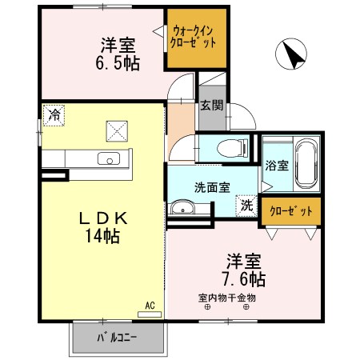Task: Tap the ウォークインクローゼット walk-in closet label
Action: pos(196,36)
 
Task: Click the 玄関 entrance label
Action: pos(211,106)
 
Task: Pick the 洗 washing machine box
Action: pos(246,204)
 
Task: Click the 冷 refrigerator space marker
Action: pos(54,114)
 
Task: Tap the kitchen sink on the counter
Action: pos(107,158)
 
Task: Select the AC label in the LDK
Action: pos(150,304)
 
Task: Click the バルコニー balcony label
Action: pos(117,337)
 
